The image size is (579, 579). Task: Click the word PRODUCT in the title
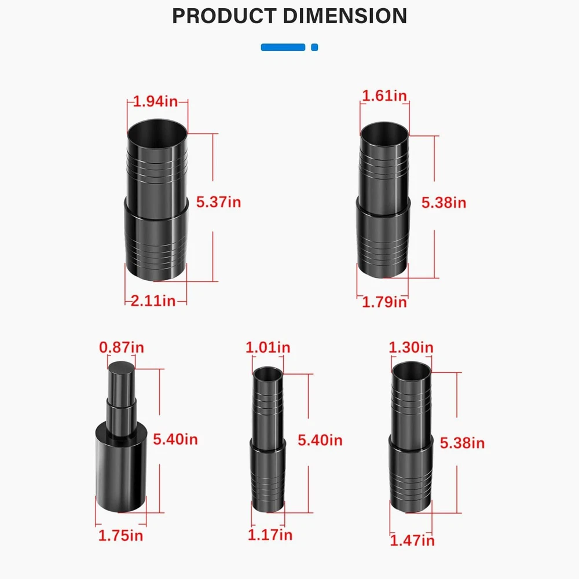coord(224,16)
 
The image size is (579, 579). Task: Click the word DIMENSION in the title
coord(345,16)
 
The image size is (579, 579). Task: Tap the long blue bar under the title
coord(283,47)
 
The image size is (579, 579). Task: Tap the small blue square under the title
coord(314,47)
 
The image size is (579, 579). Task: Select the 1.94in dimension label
coord(155,101)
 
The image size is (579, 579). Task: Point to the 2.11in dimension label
coord(153,301)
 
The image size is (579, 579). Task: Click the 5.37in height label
coord(219,202)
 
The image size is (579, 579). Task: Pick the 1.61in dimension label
coord(384,96)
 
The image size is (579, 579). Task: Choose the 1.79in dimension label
coord(384,302)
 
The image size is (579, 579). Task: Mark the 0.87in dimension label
coord(122,347)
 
